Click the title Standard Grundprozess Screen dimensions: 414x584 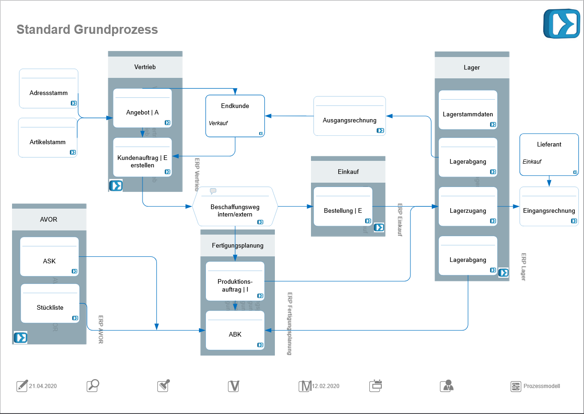[87, 30]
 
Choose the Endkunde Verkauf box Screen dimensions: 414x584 [235, 116]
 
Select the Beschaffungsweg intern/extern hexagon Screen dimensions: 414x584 [235, 206]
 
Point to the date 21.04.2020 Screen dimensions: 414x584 [43, 386]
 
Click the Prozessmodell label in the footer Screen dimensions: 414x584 [541, 386]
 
